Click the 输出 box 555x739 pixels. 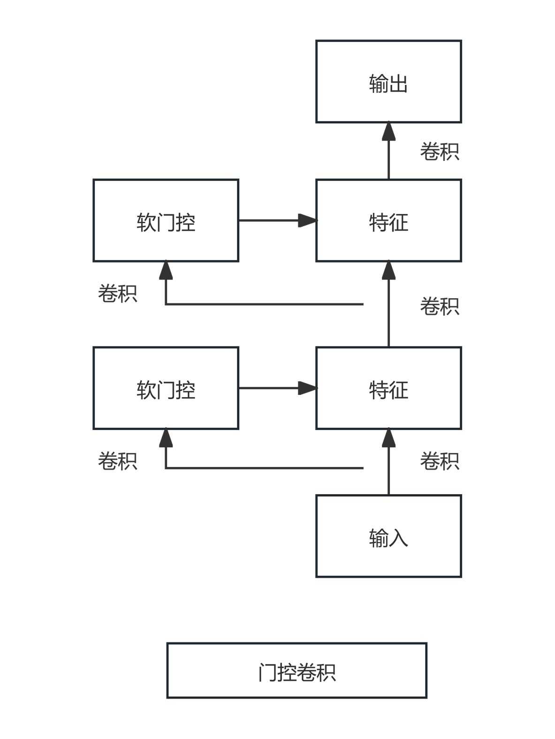[388, 82]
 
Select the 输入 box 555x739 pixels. [388, 535]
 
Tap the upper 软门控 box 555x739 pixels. [166, 220]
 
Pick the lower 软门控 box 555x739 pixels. [166, 388]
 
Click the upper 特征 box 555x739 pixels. [388, 220]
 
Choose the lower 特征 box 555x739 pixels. [388, 388]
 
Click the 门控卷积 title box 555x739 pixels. [297, 671]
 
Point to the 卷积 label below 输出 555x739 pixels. [439, 151]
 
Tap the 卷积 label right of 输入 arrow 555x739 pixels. [439, 461]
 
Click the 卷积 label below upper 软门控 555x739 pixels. [117, 294]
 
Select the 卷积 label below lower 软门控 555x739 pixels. [117, 461]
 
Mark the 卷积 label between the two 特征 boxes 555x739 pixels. [439, 306]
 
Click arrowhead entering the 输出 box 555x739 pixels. [388, 131]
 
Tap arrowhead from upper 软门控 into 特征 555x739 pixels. [307, 220]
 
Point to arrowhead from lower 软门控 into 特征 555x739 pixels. [307, 388]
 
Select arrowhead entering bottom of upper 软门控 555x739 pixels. [166, 271]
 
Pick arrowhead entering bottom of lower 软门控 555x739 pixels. [166, 437]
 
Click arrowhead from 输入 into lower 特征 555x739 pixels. [388, 437]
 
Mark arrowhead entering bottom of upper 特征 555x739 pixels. [388, 271]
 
